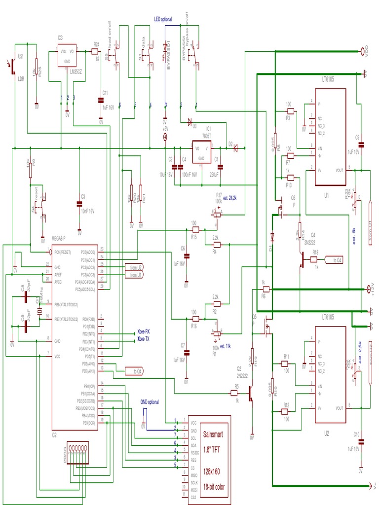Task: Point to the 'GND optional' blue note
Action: [x=150, y=402]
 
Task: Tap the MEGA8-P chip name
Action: [x=62, y=239]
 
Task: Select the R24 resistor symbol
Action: [x=96, y=51]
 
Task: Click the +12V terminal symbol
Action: [x=368, y=289]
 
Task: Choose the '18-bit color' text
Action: [x=214, y=487]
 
